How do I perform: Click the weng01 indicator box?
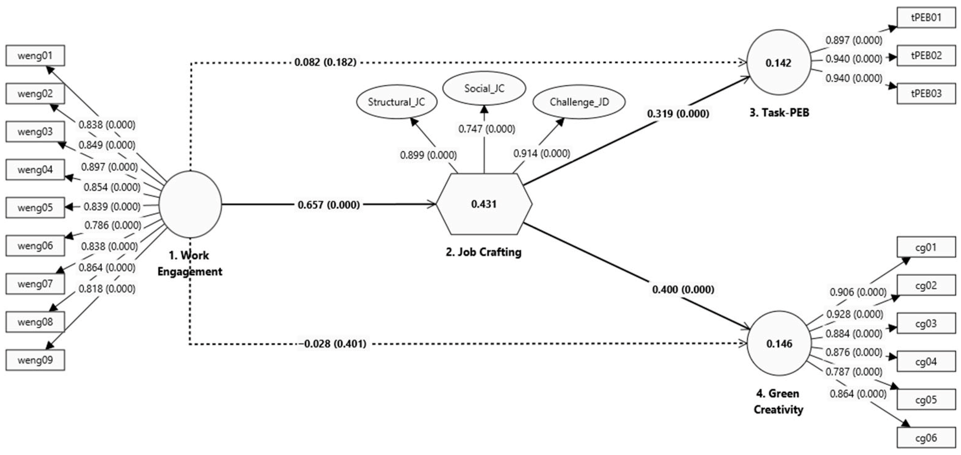35,56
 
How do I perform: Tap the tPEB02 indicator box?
926,56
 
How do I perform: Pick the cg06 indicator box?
926,438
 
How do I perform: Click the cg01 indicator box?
926,247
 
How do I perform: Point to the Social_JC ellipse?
484,88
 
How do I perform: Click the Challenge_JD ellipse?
579,102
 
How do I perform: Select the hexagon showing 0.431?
484,204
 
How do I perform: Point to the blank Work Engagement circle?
190,204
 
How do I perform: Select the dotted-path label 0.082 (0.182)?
325,62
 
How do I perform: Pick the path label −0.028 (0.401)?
332,343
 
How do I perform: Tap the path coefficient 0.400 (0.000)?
683,289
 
